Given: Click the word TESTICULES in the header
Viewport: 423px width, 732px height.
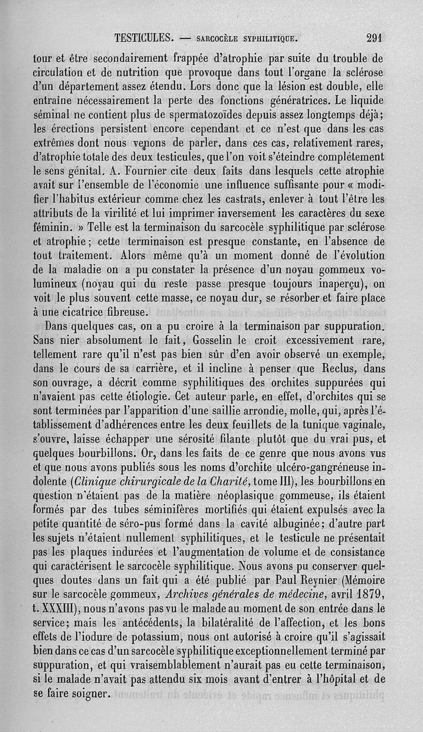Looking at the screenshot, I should [x=144, y=38].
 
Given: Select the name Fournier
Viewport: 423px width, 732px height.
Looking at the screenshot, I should [x=159, y=171].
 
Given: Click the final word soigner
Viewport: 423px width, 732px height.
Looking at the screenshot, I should [x=87, y=692].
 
